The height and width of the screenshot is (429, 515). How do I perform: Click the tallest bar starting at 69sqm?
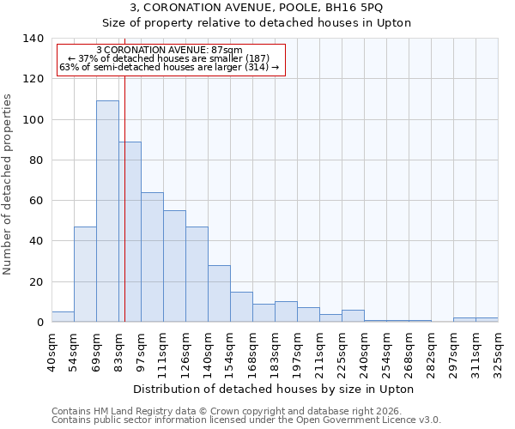107,211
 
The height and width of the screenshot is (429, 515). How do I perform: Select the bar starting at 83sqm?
130,232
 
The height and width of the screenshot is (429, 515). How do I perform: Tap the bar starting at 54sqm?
85,275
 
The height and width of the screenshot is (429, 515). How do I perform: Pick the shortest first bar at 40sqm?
63,317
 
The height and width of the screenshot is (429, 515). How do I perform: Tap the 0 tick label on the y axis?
39,323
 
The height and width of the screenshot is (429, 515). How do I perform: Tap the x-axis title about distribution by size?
275,389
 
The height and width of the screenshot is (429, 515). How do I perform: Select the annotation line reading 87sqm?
169,51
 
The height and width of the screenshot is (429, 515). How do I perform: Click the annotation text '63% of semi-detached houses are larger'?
169,67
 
